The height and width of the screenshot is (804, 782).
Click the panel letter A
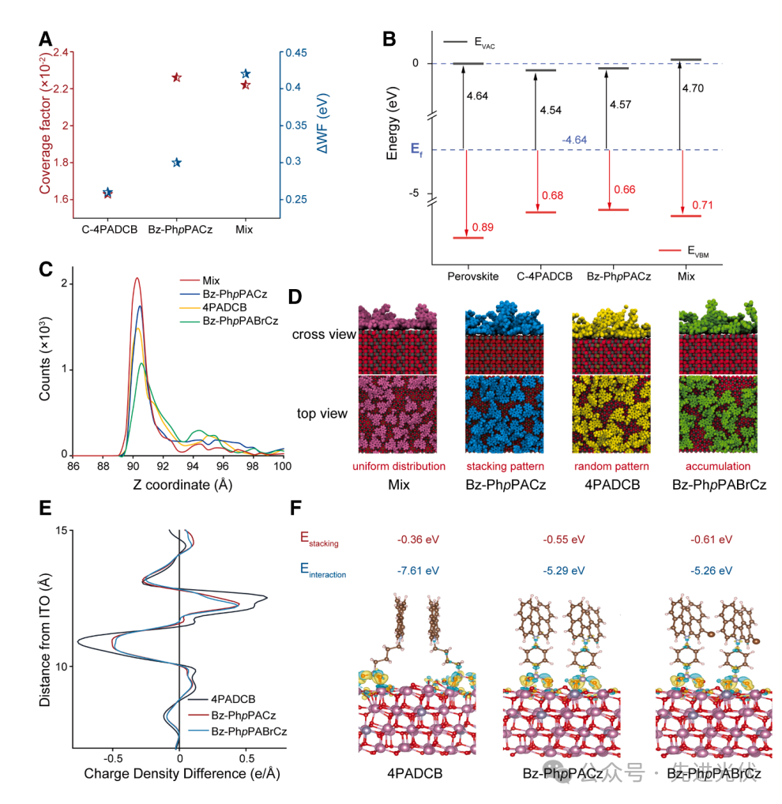pyautogui.click(x=47, y=37)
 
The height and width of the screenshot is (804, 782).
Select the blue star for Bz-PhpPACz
pyautogui.click(x=177, y=163)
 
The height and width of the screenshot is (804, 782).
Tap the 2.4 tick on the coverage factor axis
pyautogui.click(x=60, y=53)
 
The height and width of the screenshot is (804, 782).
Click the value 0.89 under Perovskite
pyautogui.click(x=483, y=227)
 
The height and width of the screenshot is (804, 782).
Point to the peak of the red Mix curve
pyautogui.click(x=137, y=278)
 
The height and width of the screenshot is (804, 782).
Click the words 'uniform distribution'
pyautogui.click(x=399, y=466)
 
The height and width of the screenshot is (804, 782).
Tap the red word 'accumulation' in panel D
pyautogui.click(x=719, y=466)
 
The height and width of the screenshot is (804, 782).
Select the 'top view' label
pyautogui.click(x=321, y=413)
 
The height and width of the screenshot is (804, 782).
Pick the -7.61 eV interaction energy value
pyautogui.click(x=419, y=569)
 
